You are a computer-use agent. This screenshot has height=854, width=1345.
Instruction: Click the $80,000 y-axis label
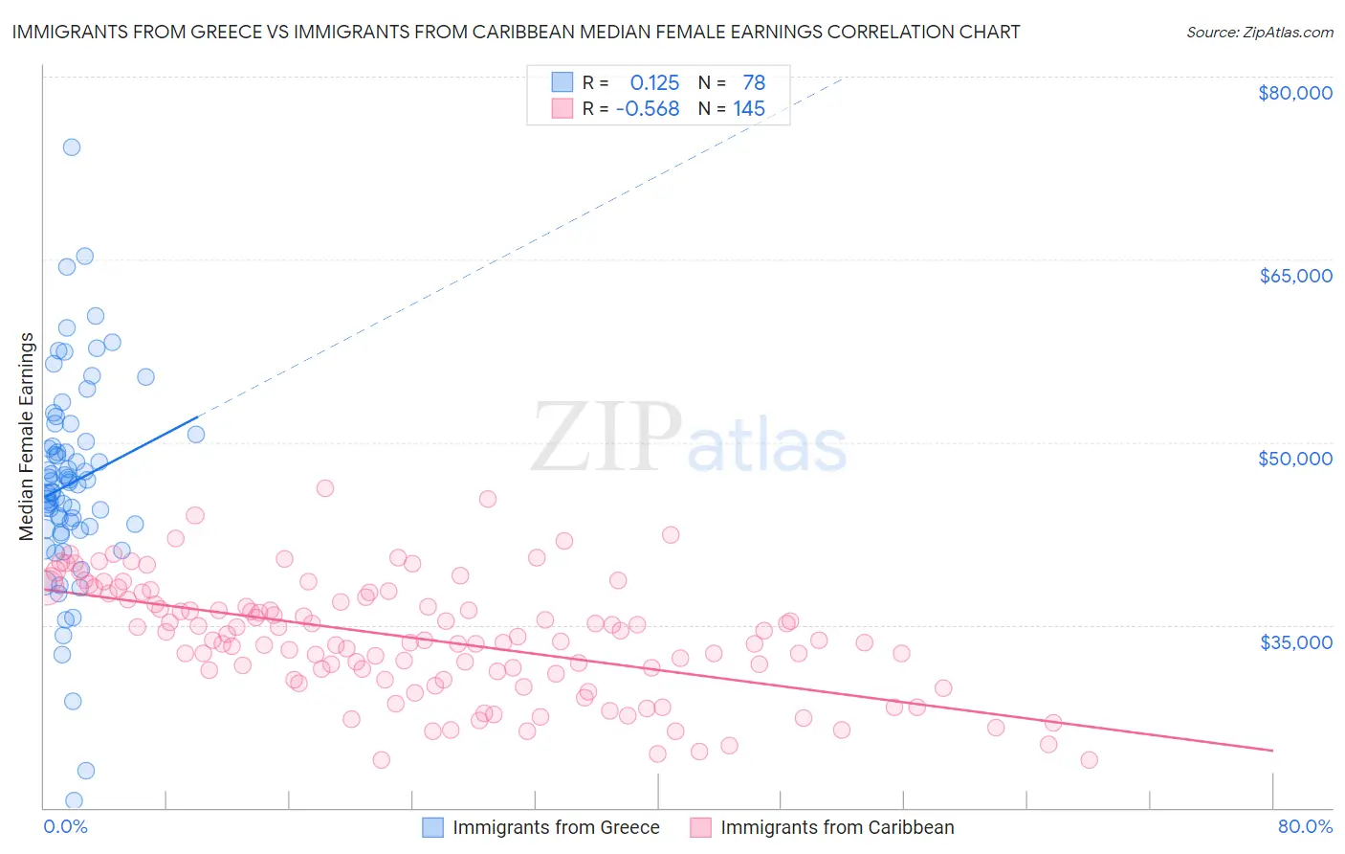click(1294, 93)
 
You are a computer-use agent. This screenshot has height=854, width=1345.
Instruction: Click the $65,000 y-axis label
click(1294, 276)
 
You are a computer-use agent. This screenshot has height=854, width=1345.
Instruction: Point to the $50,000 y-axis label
click(1294, 459)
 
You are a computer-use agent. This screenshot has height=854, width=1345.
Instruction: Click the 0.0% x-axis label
click(65, 826)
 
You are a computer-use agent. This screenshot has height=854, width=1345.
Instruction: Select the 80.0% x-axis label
click(1305, 826)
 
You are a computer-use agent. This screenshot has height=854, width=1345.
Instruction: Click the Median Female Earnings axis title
click(27, 437)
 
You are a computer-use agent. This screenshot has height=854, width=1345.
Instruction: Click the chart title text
click(516, 32)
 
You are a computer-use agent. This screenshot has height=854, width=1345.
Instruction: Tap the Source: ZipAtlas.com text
click(1259, 32)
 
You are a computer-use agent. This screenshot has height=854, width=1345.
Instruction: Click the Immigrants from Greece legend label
click(556, 827)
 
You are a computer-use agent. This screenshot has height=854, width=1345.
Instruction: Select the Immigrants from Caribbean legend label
click(837, 827)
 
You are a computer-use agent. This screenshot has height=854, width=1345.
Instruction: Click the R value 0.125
click(654, 83)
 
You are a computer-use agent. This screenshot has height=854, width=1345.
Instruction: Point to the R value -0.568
click(648, 109)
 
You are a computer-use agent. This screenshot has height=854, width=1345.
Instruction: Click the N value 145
click(749, 109)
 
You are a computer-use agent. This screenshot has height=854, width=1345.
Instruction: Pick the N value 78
click(754, 83)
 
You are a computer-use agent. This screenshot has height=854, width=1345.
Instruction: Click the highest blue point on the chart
click(72, 147)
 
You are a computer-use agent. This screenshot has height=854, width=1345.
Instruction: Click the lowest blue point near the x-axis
click(74, 800)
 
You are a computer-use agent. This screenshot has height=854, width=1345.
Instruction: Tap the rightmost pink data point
click(1089, 760)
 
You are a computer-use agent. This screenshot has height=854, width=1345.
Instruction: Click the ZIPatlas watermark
click(689, 438)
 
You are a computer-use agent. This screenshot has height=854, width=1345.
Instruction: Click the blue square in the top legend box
click(562, 82)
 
